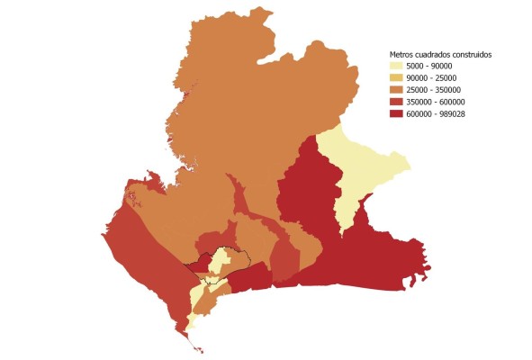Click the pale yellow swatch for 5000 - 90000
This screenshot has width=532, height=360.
(396, 67)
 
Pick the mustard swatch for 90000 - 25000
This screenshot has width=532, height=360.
(396, 77)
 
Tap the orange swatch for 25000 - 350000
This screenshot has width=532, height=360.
(396, 89)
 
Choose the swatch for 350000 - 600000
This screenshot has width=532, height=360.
(396, 101)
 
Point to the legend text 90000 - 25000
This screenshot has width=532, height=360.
(434, 77)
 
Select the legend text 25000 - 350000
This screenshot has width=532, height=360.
(437, 89)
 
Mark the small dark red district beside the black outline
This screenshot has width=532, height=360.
(255, 276)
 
